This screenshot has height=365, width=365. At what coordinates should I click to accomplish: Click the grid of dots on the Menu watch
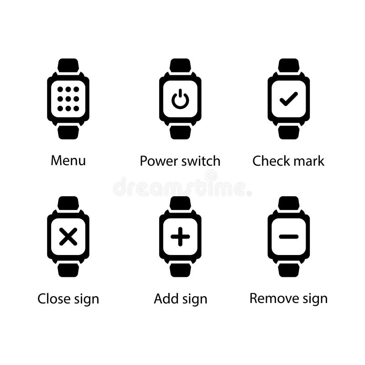tap(68, 98)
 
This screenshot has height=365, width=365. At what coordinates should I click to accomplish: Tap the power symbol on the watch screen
tap(180, 99)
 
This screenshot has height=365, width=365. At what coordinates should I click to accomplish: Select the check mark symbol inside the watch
tap(288, 99)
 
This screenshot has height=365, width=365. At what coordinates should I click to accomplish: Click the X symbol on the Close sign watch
tap(68, 237)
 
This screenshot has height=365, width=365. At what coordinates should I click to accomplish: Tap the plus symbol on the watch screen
tap(180, 237)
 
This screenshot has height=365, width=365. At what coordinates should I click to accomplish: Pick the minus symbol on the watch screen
tap(288, 236)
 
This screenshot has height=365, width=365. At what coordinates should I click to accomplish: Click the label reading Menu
tap(68, 161)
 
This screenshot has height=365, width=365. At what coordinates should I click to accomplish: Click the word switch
tap(201, 161)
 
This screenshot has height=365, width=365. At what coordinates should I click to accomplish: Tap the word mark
tap(310, 161)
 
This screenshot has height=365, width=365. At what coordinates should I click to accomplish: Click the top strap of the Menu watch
tap(68, 65)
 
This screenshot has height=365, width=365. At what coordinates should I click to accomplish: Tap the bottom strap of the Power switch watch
tap(180, 132)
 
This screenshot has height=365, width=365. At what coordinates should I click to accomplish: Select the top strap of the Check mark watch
tap(288, 65)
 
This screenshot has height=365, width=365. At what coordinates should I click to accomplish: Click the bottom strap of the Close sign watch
tap(68, 270)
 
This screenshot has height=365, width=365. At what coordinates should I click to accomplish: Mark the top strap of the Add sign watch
tap(180, 203)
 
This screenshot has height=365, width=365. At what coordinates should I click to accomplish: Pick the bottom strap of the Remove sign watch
tap(288, 270)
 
